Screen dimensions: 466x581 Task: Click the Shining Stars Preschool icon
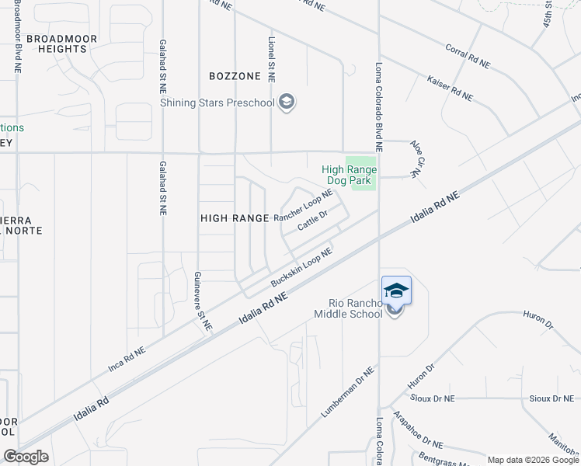287,103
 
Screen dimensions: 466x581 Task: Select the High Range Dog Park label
350,175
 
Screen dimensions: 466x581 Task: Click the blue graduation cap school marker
396,290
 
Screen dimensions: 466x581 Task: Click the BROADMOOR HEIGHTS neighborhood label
56,43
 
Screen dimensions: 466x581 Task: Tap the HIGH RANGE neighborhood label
234,219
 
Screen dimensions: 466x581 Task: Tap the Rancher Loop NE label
303,207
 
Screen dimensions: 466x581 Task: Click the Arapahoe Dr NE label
417,431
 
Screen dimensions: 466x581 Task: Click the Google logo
26,457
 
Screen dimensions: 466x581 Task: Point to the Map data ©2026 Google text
533,460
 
